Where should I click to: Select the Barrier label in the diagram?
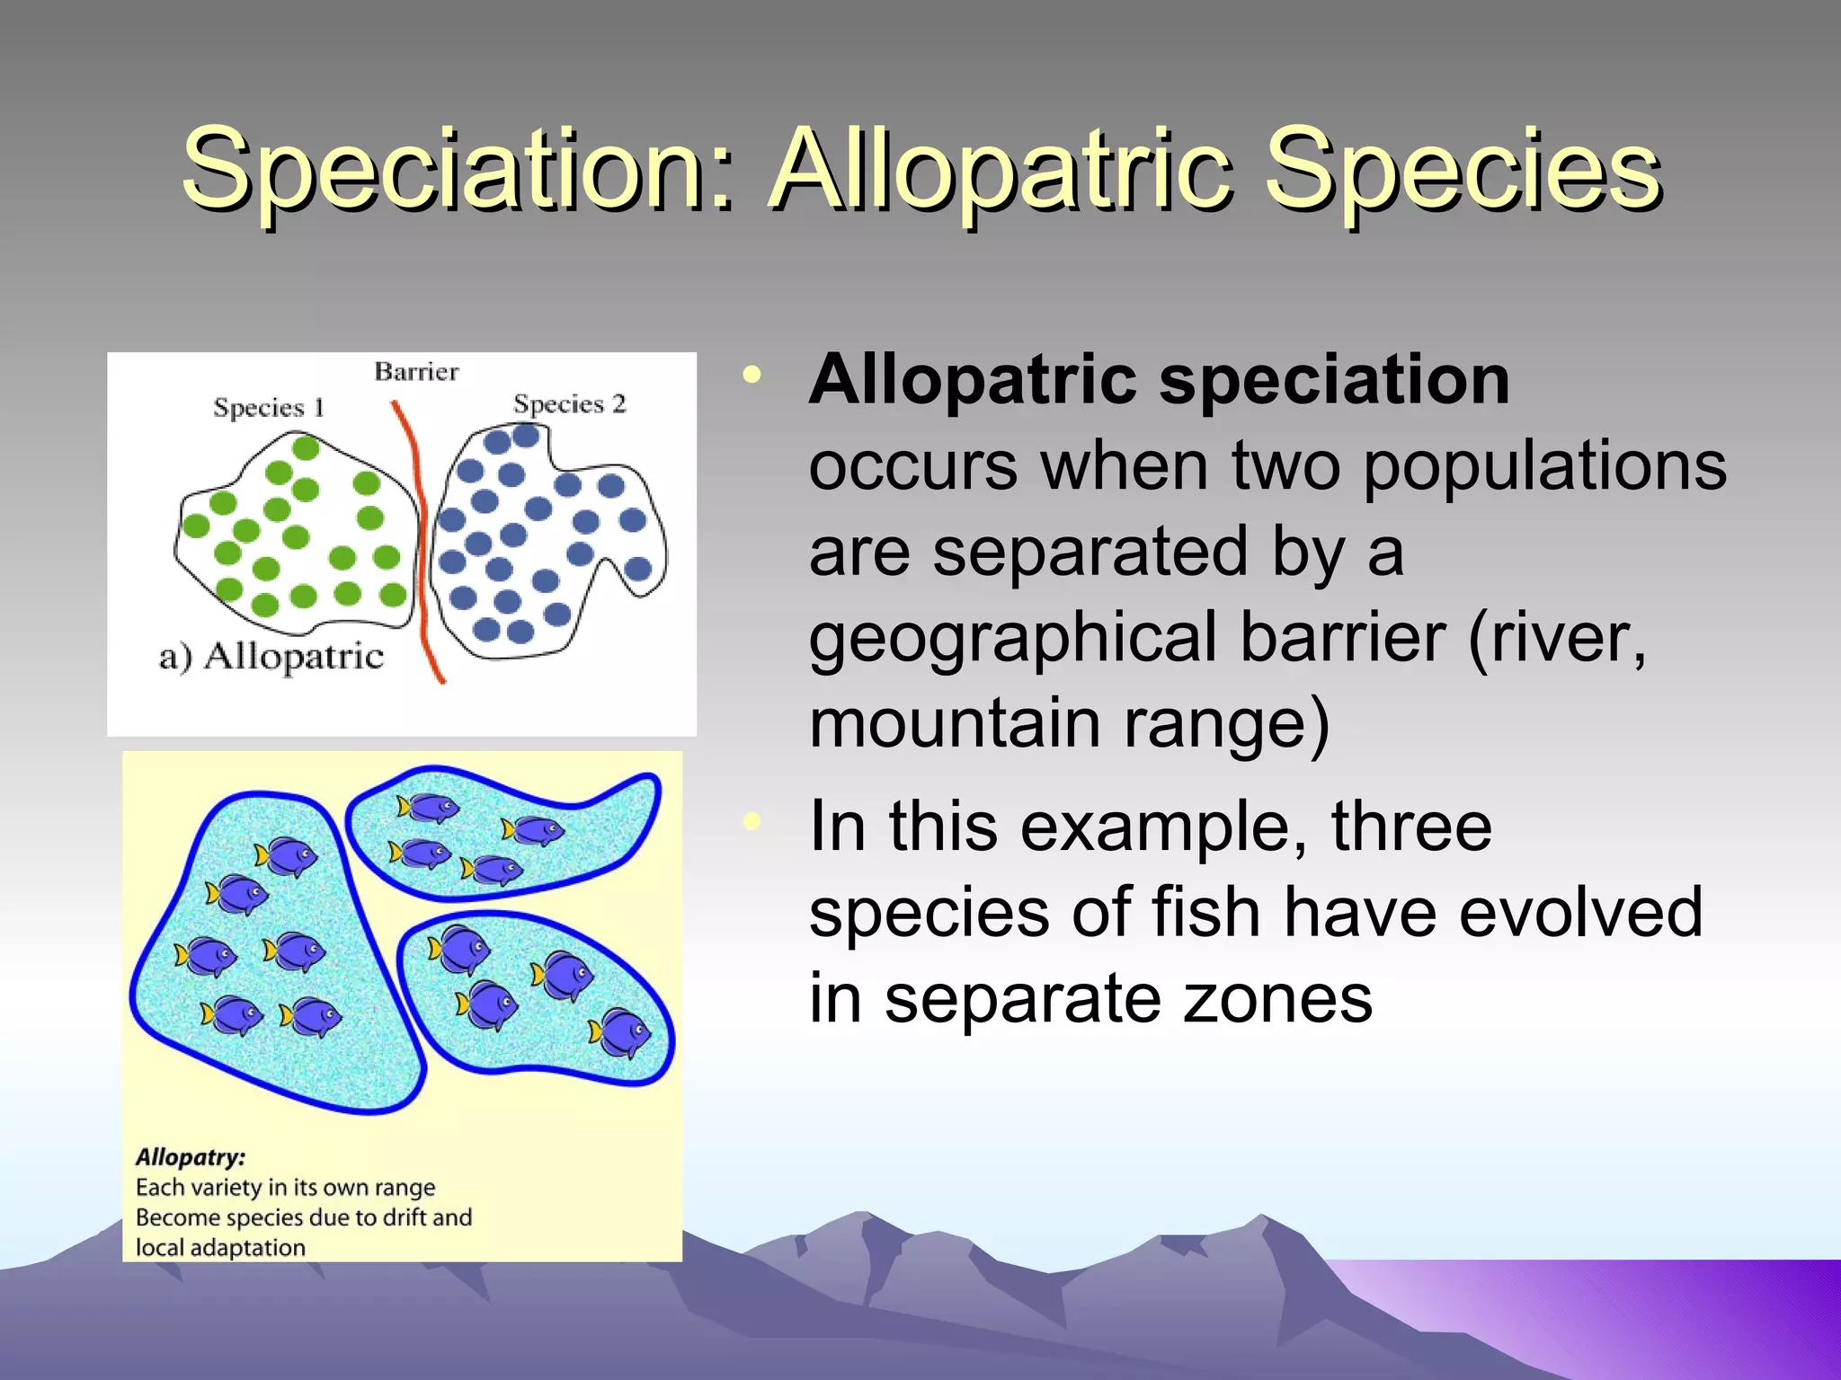416,372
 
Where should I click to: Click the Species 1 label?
268,408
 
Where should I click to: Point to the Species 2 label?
569,404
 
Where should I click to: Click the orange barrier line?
418,539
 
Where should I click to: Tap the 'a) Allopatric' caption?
271,657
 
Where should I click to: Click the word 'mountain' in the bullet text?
955,724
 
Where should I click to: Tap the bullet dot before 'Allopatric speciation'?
752,376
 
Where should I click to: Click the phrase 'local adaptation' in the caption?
220,1248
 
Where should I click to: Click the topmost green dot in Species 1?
306,447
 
